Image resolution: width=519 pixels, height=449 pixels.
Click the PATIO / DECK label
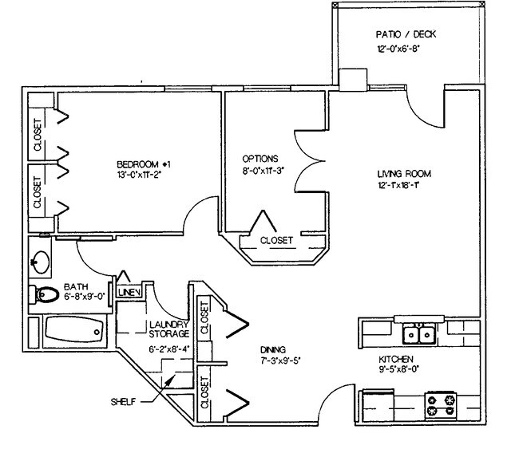tap(406, 35)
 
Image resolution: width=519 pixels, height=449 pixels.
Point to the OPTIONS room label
tap(259, 158)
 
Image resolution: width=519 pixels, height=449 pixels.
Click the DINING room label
tap(273, 349)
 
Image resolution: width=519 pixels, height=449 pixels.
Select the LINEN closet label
tap(129, 293)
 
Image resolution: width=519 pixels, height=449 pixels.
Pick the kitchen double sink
tap(418, 333)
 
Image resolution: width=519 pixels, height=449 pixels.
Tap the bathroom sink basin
tap(40, 260)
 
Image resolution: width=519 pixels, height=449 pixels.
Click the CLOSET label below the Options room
tap(277, 240)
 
